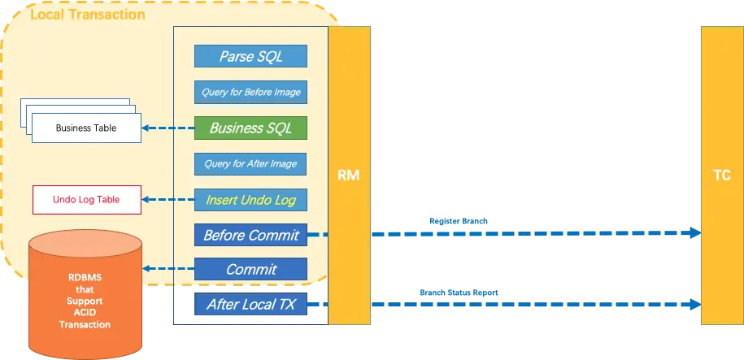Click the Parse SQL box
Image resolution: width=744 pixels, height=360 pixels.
[250, 56]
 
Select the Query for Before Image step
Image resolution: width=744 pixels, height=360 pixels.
[250, 92]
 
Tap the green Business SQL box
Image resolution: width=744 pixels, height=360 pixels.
[250, 128]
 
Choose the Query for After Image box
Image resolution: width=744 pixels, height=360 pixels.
[250, 163]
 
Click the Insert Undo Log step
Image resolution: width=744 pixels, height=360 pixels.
[250, 199]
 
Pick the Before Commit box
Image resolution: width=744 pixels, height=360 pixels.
[250, 235]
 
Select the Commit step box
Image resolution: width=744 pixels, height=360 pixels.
[250, 269]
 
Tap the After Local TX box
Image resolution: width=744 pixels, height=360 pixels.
[250, 305]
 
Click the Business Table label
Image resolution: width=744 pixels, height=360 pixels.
[85, 128]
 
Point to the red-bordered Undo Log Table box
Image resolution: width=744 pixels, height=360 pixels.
[86, 199]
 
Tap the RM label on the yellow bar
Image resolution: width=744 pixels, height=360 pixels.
[349, 175]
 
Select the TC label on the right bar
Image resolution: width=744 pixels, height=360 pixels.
[721, 175]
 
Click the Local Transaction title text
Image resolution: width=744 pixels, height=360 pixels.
[87, 15]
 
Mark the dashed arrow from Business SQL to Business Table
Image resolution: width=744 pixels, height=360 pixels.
[168, 128]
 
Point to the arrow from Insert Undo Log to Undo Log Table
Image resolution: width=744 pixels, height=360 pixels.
[168, 199]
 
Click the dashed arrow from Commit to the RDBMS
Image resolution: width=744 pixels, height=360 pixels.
[168, 269]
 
